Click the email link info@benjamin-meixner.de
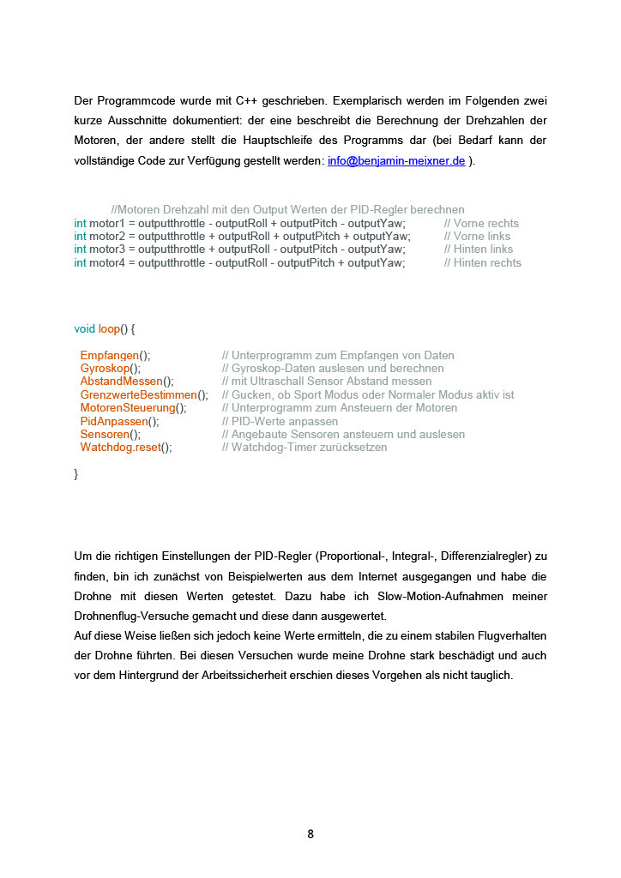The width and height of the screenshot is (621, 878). (x=396, y=160)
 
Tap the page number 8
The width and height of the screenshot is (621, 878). (x=310, y=833)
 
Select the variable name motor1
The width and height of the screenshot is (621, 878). (x=107, y=223)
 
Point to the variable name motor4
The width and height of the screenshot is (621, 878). (x=107, y=262)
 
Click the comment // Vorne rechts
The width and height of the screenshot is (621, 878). (x=481, y=223)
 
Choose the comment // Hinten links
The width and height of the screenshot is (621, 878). (x=479, y=250)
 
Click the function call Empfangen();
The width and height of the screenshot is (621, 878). (x=115, y=355)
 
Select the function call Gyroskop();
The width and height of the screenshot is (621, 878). (x=111, y=368)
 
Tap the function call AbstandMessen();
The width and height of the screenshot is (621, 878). (x=127, y=381)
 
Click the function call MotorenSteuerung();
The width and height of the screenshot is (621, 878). (x=133, y=407)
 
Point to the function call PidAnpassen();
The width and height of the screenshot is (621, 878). (x=119, y=421)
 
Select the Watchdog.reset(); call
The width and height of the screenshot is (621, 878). (x=126, y=447)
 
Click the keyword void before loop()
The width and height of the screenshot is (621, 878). (x=85, y=328)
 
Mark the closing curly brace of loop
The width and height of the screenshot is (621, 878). (x=76, y=473)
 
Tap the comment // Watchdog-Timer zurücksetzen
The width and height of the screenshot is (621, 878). (x=304, y=447)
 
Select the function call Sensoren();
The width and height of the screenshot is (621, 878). (x=111, y=434)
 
